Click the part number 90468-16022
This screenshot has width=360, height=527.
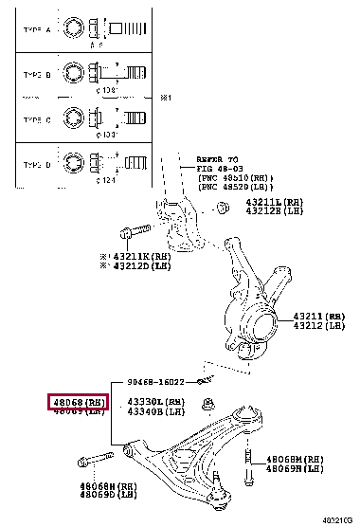point(158,382)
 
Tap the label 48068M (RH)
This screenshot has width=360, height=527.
point(297,458)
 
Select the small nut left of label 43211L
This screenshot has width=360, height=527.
point(223,207)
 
